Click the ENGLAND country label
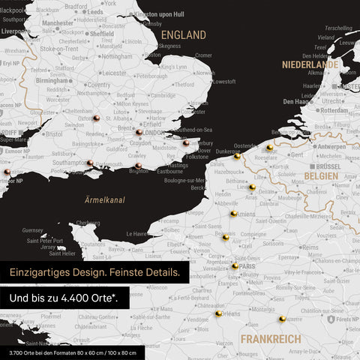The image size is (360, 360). click(184, 34)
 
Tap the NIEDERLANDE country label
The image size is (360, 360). click(310, 64)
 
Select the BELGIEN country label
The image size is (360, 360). click(320, 175)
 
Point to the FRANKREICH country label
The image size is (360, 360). click(271, 339)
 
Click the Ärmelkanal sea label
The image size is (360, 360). click(104, 199)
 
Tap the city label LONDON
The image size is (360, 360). click(154, 133)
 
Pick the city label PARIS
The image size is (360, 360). click(248, 265)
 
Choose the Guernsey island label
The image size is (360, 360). click(33, 230)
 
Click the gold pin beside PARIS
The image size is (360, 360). click(235, 266)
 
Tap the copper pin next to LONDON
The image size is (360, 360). click(139, 133)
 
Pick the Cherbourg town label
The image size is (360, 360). click(88, 222)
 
